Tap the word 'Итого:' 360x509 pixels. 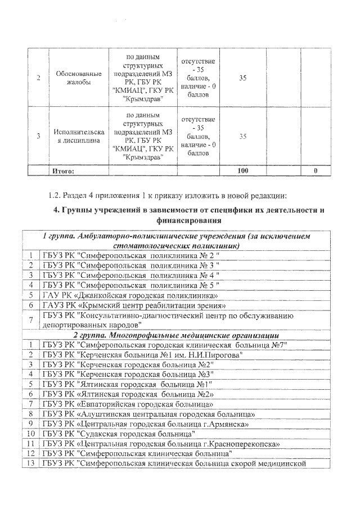pyautogui.click(x=62, y=170)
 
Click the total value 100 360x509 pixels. pyautogui.click(x=242, y=170)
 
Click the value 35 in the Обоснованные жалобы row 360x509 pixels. pyautogui.click(x=242, y=78)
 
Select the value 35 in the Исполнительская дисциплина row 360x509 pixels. pyautogui.click(x=242, y=136)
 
